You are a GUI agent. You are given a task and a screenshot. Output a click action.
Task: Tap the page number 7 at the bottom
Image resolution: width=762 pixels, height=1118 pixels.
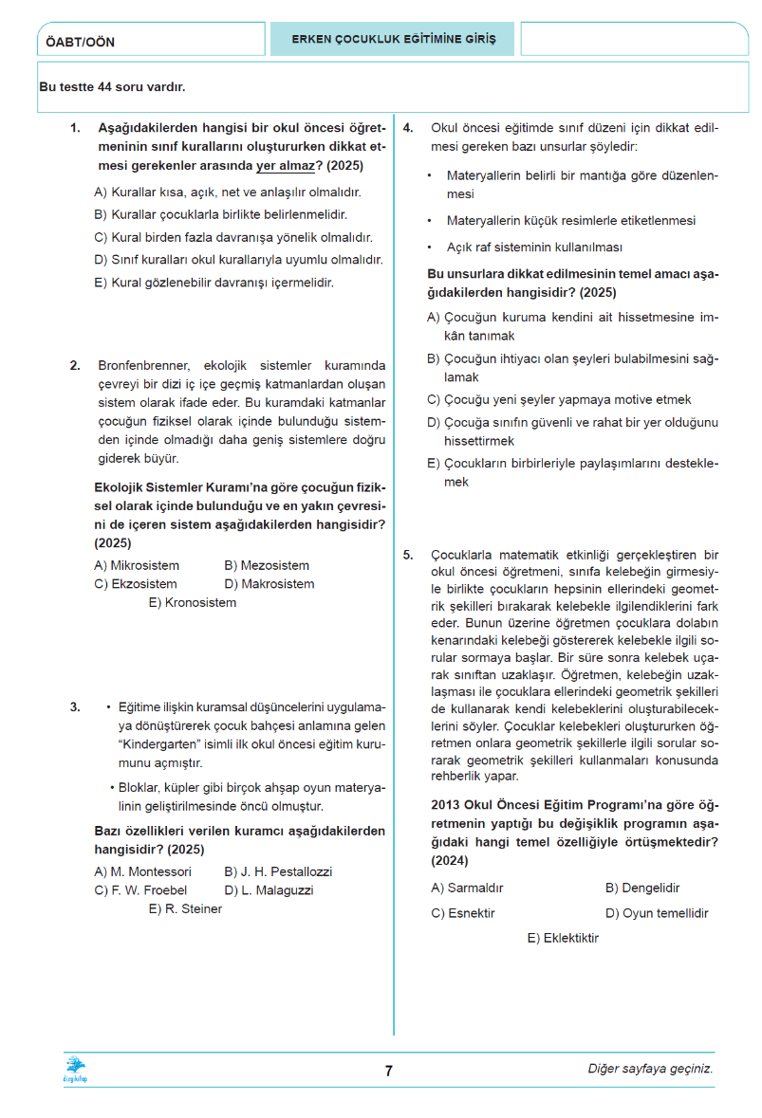(388, 1072)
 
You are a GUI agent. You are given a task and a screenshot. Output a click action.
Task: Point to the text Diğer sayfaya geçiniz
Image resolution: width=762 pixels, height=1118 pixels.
(650, 1070)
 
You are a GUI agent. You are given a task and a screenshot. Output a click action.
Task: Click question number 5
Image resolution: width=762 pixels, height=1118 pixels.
(408, 555)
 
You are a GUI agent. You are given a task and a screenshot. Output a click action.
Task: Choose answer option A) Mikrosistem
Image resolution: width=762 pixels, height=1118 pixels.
(137, 566)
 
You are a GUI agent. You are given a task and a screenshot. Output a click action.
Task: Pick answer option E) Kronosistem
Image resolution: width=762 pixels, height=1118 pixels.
(192, 602)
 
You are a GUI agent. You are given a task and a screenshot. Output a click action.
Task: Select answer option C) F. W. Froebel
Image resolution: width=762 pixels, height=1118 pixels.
(140, 890)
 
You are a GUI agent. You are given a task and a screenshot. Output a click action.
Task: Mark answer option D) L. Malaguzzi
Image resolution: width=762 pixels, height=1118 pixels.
(269, 890)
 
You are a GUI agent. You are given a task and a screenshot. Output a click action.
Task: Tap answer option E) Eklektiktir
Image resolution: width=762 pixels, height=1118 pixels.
(563, 939)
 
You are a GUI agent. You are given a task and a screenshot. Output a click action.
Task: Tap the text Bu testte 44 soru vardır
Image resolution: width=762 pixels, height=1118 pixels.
(112, 87)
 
